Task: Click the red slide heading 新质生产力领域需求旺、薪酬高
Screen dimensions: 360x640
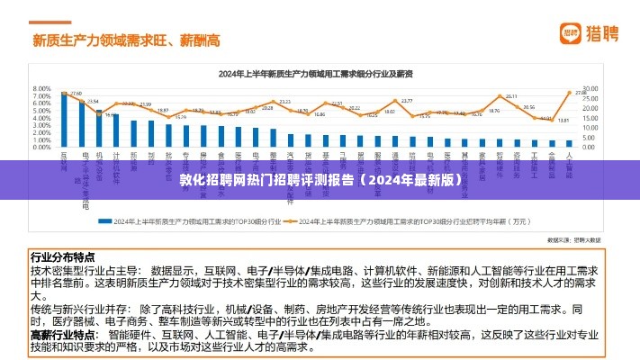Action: click(126, 40)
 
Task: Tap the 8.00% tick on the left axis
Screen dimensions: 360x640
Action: click(41, 88)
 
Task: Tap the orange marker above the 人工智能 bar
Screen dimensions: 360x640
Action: click(569, 92)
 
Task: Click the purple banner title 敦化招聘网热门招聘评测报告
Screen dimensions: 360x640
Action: click(320, 180)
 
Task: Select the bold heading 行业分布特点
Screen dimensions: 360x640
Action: click(62, 256)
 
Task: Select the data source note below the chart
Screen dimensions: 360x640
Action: click(575, 240)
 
